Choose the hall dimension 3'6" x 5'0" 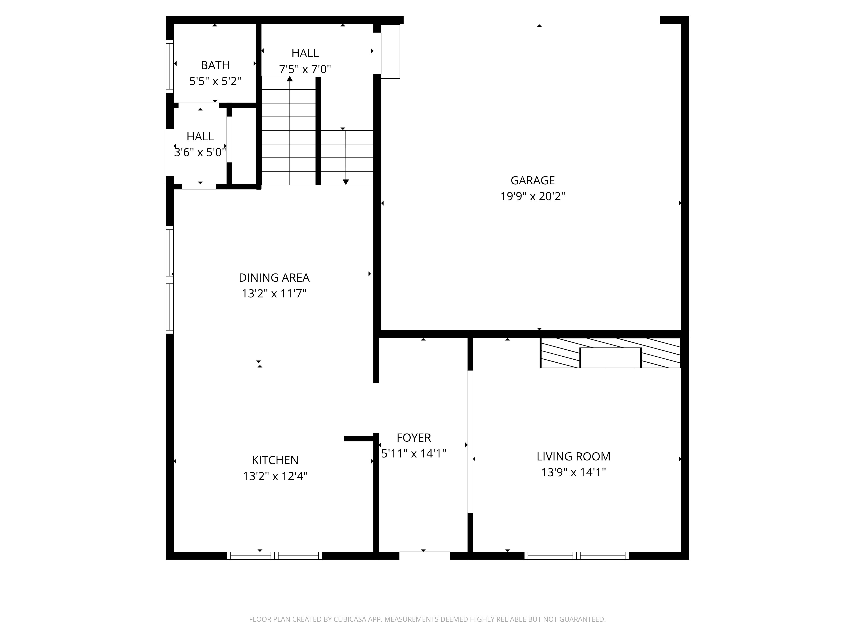(x=200, y=153)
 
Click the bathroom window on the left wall (x=170, y=66)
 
